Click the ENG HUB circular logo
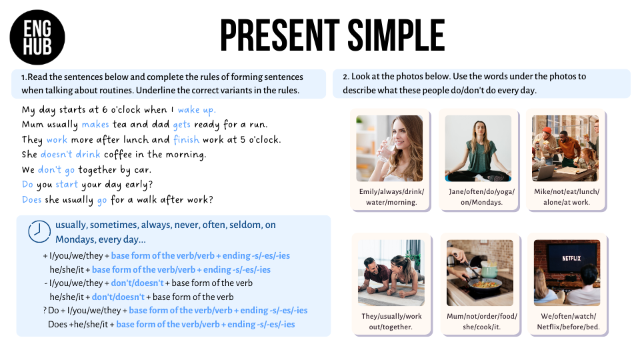(x=37, y=37)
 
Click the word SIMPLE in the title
(x=395, y=35)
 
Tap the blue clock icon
(x=39, y=231)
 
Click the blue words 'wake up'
(x=197, y=110)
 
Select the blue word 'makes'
(x=95, y=125)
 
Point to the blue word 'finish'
(x=186, y=139)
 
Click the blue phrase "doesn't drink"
(x=70, y=154)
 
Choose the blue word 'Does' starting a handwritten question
(x=32, y=199)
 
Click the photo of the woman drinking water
(x=389, y=148)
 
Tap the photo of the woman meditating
(x=478, y=148)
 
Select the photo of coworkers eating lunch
(x=565, y=148)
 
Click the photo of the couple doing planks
(x=391, y=273)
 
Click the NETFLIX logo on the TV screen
(x=571, y=259)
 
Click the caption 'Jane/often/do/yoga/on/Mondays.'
(x=481, y=197)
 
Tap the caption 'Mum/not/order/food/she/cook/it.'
(x=481, y=321)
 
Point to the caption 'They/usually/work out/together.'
(x=391, y=321)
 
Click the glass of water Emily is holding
(x=386, y=150)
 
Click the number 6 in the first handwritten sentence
(x=105, y=110)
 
